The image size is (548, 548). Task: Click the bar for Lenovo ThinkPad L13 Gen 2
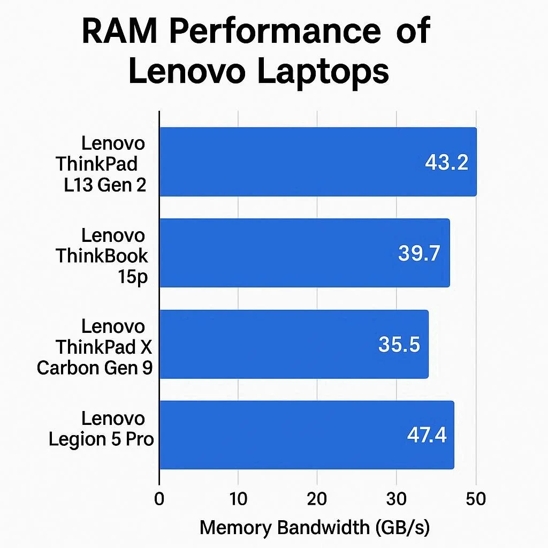pyautogui.click(x=318, y=162)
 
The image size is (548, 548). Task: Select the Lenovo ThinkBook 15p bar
pyautogui.click(x=305, y=253)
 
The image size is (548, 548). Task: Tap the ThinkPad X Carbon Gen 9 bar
pyautogui.click(x=294, y=344)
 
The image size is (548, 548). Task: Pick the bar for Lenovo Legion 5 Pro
pyautogui.click(x=307, y=435)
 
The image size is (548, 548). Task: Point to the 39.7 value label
pyautogui.click(x=419, y=253)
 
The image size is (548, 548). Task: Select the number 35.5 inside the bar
pyautogui.click(x=399, y=345)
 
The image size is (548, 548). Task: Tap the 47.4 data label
pyautogui.click(x=427, y=435)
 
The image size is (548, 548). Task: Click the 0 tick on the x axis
pyautogui.click(x=159, y=499)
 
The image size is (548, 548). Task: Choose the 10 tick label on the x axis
pyautogui.click(x=238, y=499)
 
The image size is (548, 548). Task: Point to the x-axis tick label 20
pyautogui.click(x=317, y=499)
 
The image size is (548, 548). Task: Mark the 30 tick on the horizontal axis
pyautogui.click(x=396, y=499)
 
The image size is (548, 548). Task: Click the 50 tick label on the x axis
pyautogui.click(x=475, y=499)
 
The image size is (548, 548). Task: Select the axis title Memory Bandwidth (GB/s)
pyautogui.click(x=315, y=528)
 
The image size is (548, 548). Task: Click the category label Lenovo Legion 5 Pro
pyautogui.click(x=101, y=428)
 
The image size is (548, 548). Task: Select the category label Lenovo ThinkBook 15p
pyautogui.click(x=102, y=256)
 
